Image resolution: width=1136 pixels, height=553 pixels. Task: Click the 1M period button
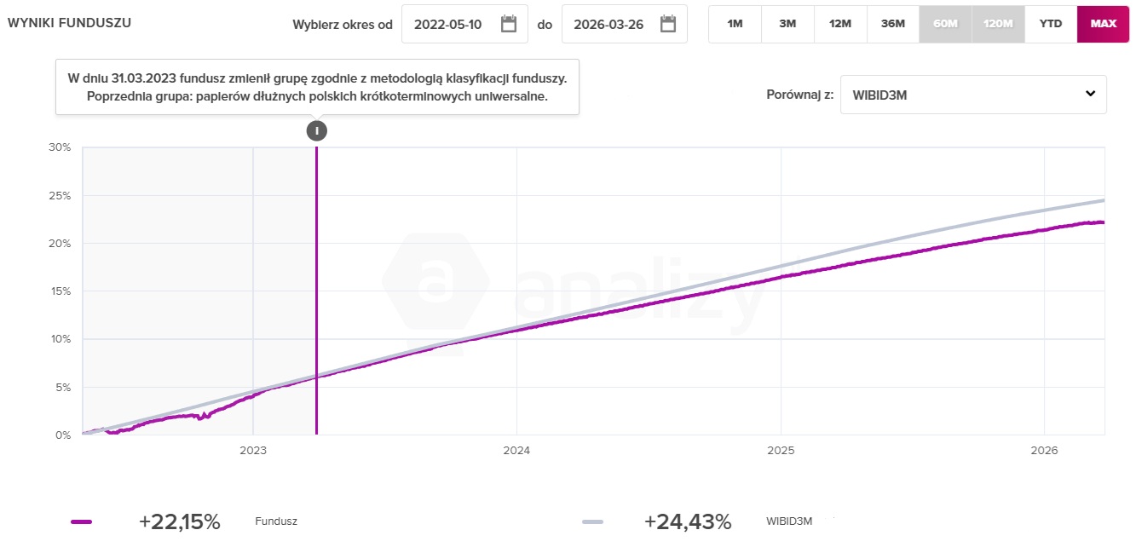735,24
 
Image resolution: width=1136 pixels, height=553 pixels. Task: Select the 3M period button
787,24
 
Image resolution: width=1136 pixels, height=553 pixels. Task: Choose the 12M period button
840,24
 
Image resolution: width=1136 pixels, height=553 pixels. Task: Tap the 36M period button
892,24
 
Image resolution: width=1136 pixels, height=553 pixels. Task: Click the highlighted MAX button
1103,24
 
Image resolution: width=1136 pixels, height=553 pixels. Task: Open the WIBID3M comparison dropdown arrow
1090,94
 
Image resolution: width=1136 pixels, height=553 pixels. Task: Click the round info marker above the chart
316,130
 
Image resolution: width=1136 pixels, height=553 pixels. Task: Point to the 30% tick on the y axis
60,147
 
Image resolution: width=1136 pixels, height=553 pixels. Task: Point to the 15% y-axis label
60,291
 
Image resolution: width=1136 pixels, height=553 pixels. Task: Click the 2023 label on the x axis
253,450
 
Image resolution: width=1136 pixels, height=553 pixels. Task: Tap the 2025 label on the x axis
781,450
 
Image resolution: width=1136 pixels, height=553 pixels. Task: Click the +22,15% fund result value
179,522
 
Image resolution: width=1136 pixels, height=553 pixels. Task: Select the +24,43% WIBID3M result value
688,522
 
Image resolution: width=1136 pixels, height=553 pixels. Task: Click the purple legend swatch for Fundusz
82,522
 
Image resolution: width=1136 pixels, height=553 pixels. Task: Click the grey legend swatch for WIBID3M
592,522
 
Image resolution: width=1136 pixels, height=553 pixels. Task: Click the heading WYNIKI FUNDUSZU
69,23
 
